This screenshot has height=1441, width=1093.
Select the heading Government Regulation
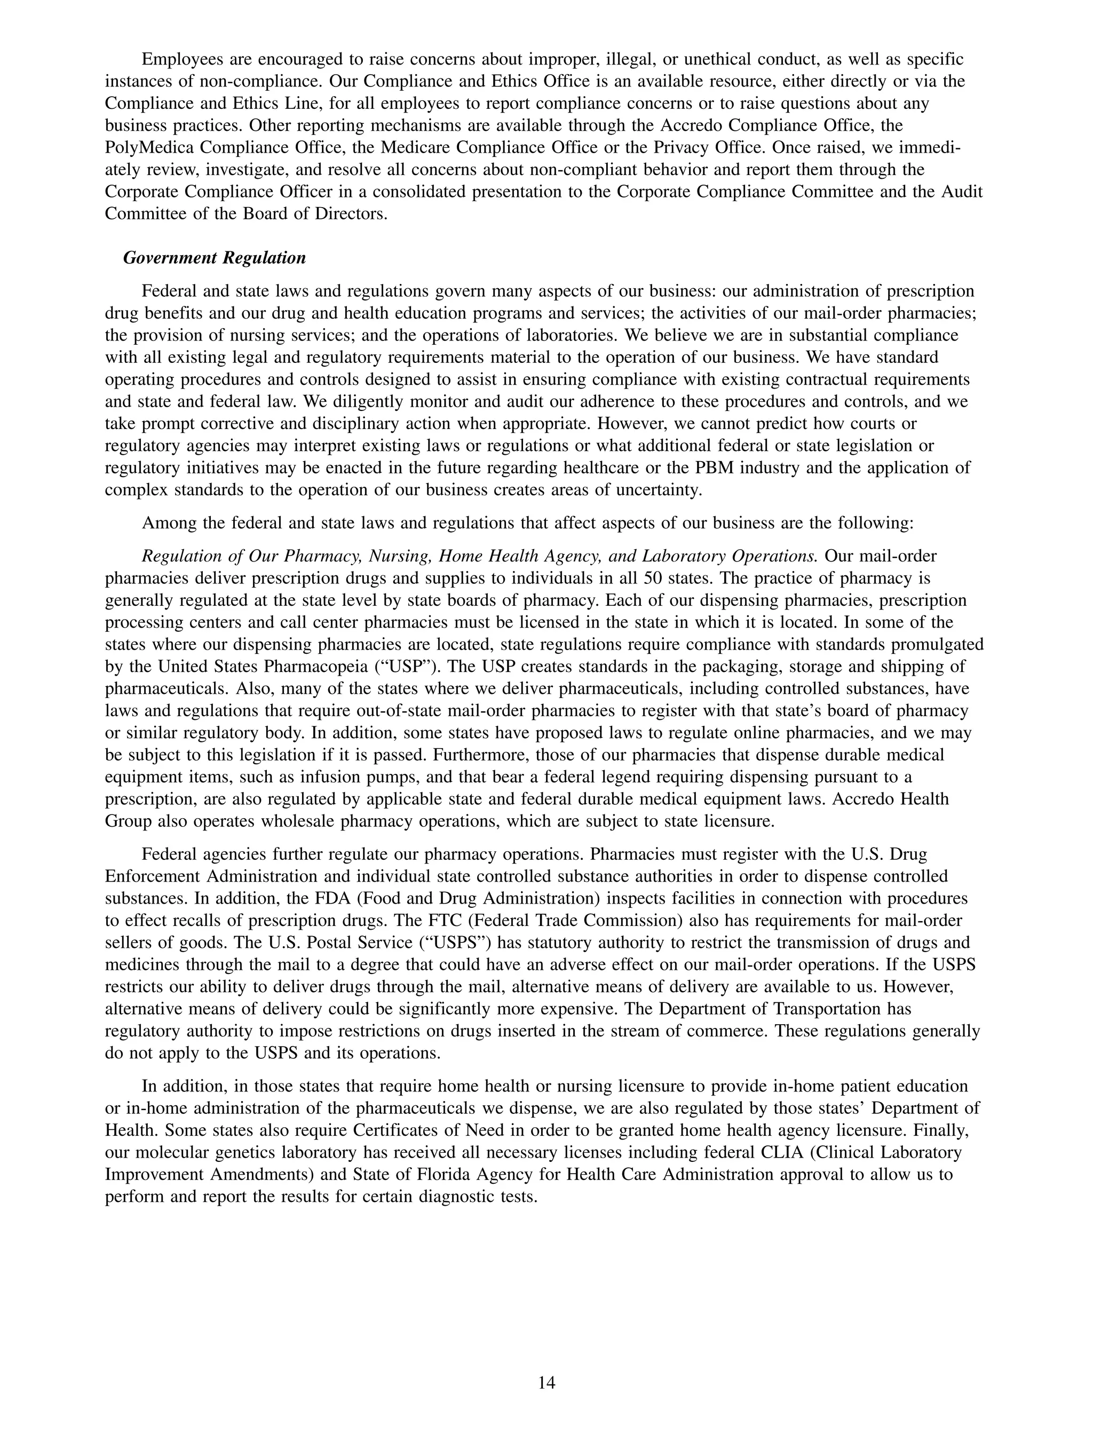(215, 258)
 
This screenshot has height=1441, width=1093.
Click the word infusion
(354, 777)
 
